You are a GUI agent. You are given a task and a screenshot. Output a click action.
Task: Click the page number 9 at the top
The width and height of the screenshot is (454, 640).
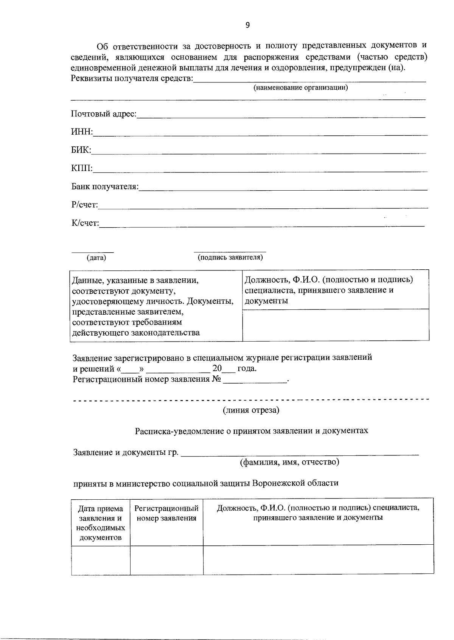coord(247,25)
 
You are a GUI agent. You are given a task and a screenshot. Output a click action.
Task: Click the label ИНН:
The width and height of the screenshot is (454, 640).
coord(82,132)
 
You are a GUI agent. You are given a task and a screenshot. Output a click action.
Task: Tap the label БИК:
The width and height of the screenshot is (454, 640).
coord(81,150)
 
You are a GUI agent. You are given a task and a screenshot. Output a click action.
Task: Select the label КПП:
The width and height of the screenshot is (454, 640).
coord(82,168)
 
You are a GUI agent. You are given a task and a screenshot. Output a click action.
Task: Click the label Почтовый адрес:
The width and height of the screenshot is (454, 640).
coord(104,114)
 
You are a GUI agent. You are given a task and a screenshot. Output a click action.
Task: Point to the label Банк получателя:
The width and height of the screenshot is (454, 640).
coord(105,186)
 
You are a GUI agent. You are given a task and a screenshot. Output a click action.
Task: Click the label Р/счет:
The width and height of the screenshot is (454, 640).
coord(85,205)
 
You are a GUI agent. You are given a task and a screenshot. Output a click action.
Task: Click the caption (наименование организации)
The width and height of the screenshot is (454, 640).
coord(300,88)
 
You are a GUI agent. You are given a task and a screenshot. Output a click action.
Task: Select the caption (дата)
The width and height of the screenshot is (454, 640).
coord(96,258)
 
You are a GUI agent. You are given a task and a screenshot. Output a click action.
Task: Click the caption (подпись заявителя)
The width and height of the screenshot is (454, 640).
coord(230,258)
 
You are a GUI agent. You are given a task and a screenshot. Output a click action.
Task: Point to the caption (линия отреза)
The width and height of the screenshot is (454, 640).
coord(251,410)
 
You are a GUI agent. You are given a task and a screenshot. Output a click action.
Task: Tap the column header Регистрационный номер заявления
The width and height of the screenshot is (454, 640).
coord(166,514)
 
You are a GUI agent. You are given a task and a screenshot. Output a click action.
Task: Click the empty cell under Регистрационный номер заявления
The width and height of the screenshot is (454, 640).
coord(166,560)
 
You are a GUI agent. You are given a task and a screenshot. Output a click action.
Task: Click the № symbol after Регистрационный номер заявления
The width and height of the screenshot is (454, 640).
coord(216,379)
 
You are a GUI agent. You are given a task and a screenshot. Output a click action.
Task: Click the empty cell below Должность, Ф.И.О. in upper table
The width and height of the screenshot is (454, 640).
coord(335,325)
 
